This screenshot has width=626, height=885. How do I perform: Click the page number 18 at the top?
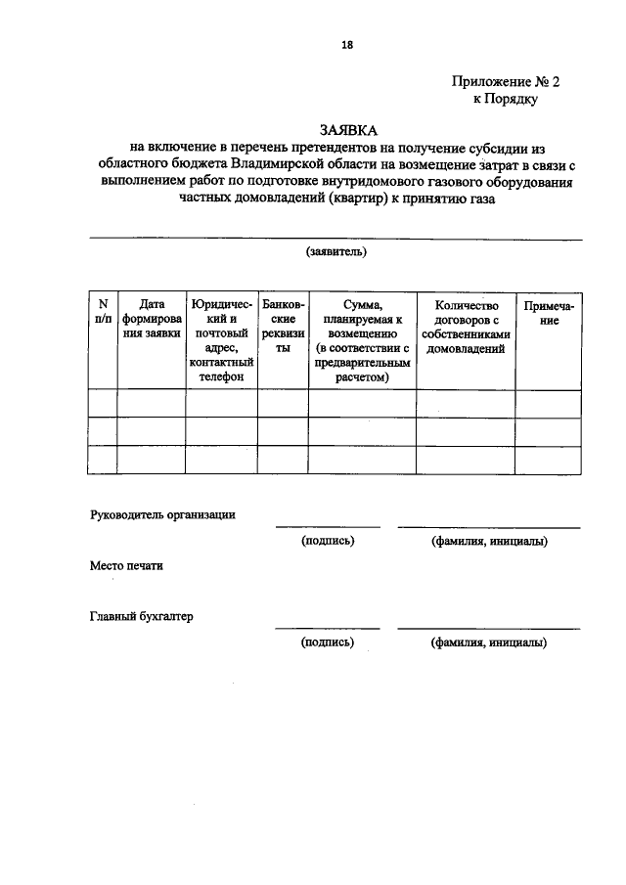(346, 44)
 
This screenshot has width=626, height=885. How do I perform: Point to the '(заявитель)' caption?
(335, 251)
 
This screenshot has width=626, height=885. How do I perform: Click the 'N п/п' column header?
(103, 312)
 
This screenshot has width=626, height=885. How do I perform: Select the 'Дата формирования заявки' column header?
(152, 319)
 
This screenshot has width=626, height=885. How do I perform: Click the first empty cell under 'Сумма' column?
(362, 403)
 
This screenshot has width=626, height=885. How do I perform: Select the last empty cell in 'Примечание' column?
(549, 460)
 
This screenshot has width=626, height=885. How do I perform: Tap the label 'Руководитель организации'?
(162, 514)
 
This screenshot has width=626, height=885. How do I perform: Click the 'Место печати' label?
(125, 566)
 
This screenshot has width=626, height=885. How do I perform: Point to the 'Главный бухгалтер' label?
(142, 616)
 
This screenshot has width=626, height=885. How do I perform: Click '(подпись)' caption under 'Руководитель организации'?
(328, 541)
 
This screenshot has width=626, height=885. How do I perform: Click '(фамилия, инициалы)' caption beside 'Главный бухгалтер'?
(488, 642)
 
